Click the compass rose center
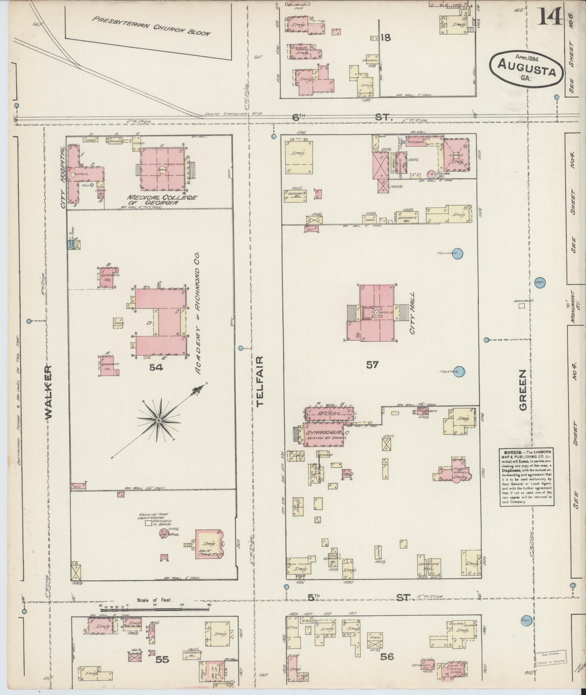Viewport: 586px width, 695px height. click(x=158, y=420)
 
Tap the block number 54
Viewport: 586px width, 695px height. click(x=156, y=368)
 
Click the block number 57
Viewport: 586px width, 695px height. click(x=372, y=365)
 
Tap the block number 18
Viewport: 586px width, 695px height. click(x=385, y=37)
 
